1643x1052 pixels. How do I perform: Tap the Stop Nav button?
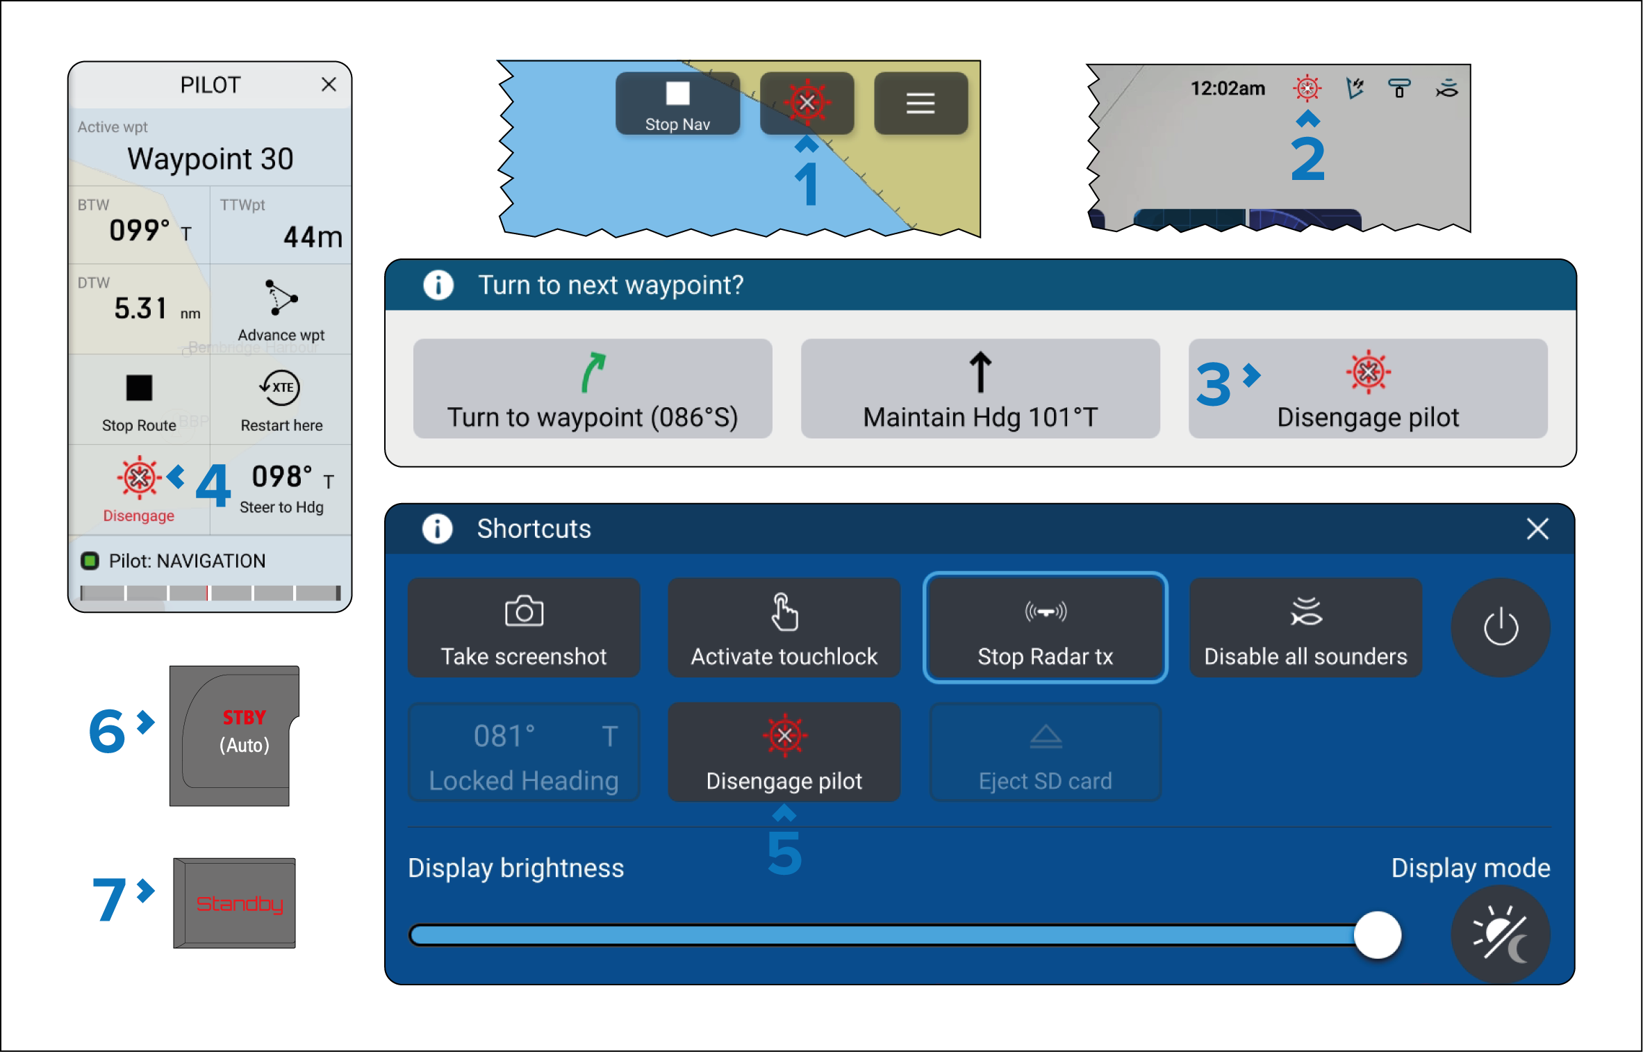click(677, 104)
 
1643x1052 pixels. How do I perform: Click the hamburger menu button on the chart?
click(920, 104)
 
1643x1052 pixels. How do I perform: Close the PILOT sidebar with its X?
click(329, 85)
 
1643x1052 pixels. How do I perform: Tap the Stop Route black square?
click(139, 388)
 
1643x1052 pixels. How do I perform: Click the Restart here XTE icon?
click(281, 388)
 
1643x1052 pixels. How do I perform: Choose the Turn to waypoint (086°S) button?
click(593, 388)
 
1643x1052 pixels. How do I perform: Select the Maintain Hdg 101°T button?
click(980, 388)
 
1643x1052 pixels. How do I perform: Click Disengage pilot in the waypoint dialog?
click(1368, 388)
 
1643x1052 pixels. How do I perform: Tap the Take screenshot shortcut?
click(524, 627)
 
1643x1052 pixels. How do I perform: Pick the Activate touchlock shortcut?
click(784, 627)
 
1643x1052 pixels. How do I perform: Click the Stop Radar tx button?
click(1045, 627)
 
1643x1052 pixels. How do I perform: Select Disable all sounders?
click(1305, 627)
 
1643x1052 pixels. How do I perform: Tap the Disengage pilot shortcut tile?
click(784, 752)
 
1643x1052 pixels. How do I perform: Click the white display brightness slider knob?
click(1378, 935)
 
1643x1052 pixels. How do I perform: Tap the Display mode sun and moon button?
click(1501, 935)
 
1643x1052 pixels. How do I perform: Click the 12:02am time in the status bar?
click(1228, 88)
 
